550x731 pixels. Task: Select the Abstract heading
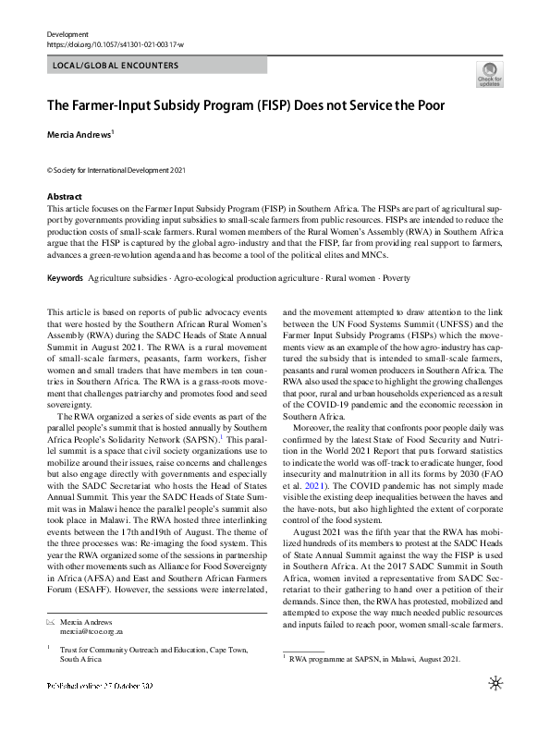[x=66, y=197]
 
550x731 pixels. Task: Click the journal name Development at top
[x=67, y=33]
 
